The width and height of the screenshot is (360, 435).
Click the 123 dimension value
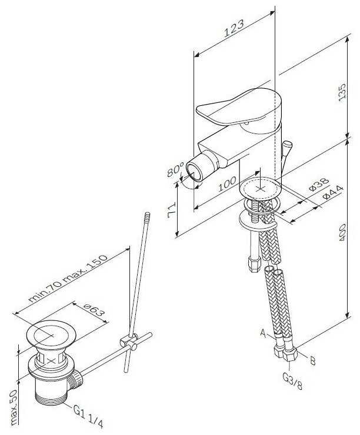coord(234,28)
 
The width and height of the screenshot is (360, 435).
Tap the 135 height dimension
coord(342,91)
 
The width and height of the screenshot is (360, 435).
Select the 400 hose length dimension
coord(342,232)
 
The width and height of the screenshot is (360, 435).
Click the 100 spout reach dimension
coord(227,183)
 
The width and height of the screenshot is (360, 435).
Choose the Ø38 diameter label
coord(319,184)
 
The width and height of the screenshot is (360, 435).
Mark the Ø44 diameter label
coord(333,193)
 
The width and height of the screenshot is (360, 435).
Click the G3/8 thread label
coord(292,381)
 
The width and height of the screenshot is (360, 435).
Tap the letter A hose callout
coord(263,333)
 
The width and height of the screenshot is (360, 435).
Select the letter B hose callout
coord(312,360)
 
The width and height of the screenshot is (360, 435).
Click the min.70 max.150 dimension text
coord(68,278)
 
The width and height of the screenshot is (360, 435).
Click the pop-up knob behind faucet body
coord(286,145)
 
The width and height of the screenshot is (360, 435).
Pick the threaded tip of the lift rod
coord(148,216)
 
